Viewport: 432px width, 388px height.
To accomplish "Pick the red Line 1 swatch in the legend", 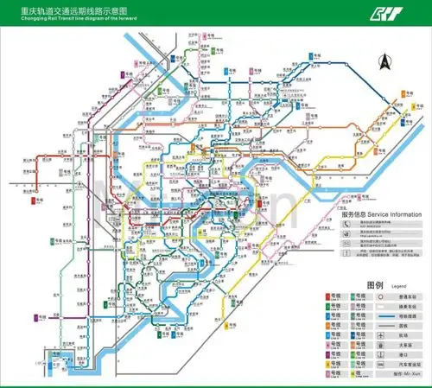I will point(331,296).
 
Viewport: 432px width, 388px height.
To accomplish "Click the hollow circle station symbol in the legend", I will point(381,296).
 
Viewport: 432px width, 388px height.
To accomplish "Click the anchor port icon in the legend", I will point(381,354).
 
